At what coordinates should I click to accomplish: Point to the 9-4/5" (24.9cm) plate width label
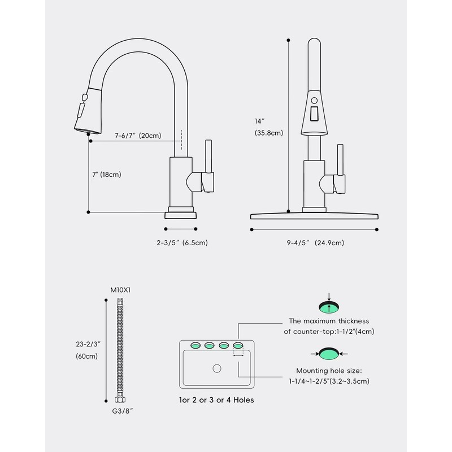[315, 243]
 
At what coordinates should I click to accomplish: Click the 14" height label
[259, 121]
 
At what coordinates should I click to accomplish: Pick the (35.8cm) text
[268, 133]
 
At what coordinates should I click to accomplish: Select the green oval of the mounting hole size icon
[329, 354]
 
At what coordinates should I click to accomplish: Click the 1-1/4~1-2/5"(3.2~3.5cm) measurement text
[329, 382]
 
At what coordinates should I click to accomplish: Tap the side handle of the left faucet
[209, 164]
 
